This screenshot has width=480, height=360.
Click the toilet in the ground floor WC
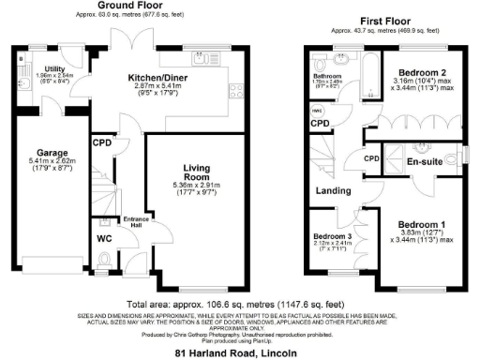pyautogui.click(x=104, y=257)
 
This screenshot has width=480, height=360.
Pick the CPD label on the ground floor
pyautogui.click(x=101, y=143)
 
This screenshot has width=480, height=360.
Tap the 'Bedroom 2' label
pyautogui.click(x=423, y=72)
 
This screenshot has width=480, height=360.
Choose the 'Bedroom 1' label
pyautogui.click(x=425, y=225)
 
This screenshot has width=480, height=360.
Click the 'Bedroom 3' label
pyautogui.click(x=333, y=237)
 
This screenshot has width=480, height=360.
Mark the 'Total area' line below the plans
pyautogui.click(x=240, y=305)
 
